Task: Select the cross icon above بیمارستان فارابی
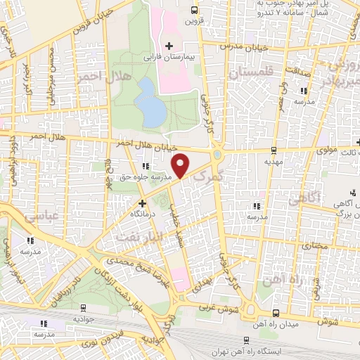(x=169, y=46)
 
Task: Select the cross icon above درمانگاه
(x=142, y=202)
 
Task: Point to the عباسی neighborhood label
(x=41, y=217)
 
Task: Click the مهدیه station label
(x=273, y=161)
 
